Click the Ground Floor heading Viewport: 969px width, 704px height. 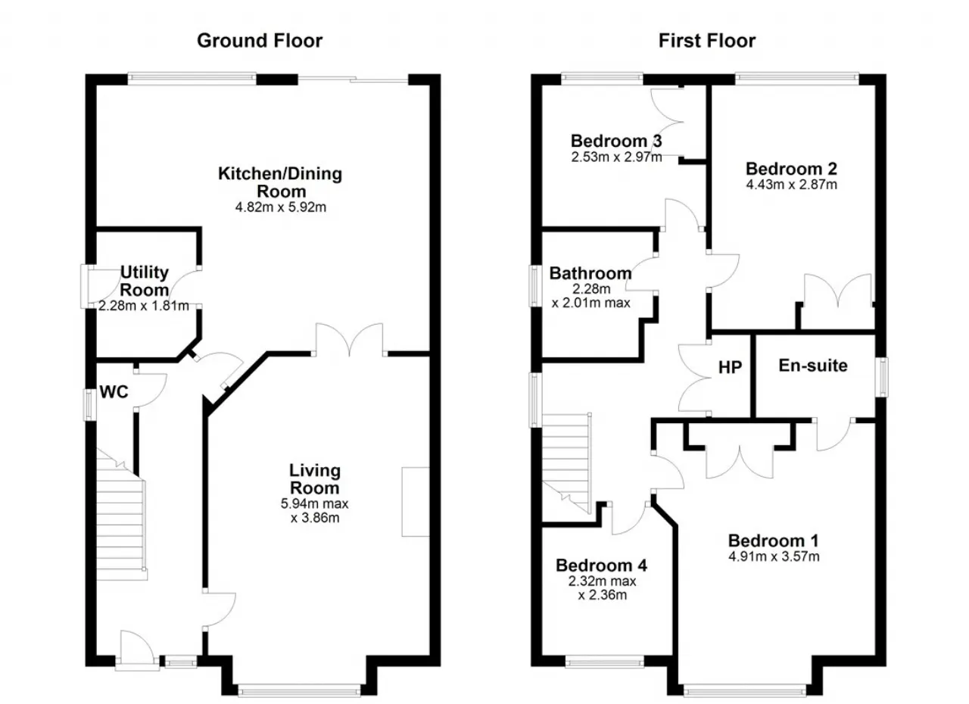[260, 41]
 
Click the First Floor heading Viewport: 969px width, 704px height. [707, 41]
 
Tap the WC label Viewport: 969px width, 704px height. [114, 392]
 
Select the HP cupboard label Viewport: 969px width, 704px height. [731, 367]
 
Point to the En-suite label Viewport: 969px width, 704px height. [813, 366]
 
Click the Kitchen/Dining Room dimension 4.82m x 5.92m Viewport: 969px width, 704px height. [280, 207]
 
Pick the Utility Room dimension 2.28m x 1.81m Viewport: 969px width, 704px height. [143, 306]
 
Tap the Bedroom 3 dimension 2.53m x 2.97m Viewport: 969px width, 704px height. [616, 157]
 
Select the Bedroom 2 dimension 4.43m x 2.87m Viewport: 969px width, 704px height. [791, 185]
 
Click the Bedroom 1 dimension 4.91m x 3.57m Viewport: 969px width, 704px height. [774, 556]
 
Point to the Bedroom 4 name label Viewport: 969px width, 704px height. [601, 565]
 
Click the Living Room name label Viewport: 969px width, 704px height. [314, 479]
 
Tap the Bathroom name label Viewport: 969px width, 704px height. [590, 273]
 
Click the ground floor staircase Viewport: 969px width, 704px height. [121, 515]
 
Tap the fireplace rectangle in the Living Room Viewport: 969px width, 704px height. [416, 502]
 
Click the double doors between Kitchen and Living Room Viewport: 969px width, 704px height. [350, 340]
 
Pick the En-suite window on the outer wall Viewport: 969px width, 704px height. [883, 377]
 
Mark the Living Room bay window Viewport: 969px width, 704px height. [299, 690]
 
